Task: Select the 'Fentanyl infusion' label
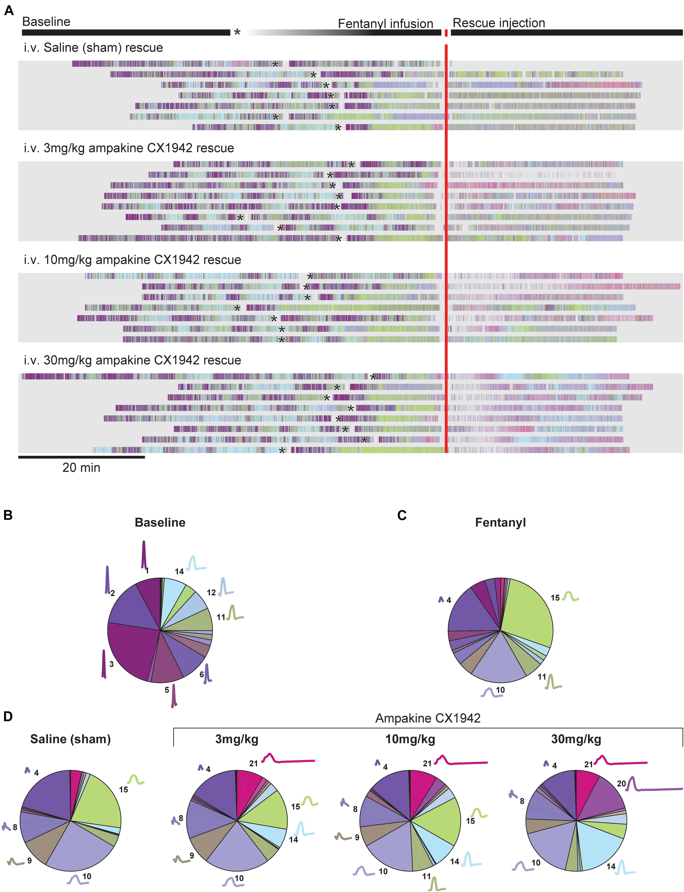click(x=385, y=24)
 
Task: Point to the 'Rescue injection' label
click(x=499, y=23)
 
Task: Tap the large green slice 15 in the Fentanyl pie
click(x=529, y=615)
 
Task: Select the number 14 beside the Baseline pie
click(x=179, y=572)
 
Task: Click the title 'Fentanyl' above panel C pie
click(x=500, y=522)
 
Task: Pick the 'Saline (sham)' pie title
click(x=70, y=739)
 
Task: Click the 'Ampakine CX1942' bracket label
click(x=428, y=718)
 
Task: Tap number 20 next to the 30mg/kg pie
click(x=621, y=784)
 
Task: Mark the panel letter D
click(x=8, y=717)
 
